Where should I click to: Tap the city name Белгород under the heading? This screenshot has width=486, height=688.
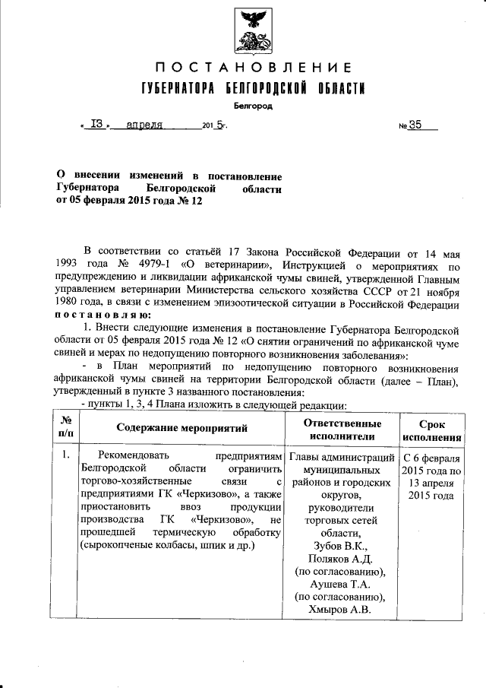click(x=249, y=106)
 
